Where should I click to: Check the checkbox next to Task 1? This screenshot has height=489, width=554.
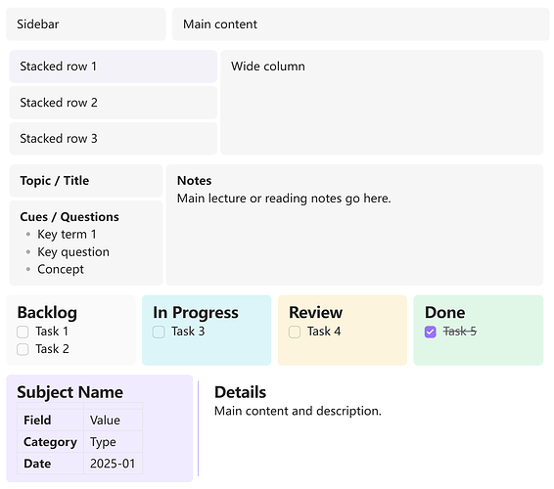click(x=23, y=332)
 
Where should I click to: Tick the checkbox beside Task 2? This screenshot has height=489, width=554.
click(x=23, y=349)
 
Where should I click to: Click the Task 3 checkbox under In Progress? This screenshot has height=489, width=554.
click(x=159, y=332)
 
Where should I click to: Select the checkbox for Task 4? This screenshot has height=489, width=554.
click(x=295, y=332)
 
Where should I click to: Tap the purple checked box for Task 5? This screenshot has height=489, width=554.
click(x=430, y=332)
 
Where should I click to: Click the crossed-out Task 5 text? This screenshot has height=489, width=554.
click(x=460, y=332)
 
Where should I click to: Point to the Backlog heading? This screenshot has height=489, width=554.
click(x=47, y=312)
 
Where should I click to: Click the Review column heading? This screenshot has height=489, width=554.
click(x=315, y=312)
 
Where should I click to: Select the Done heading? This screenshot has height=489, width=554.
click(x=444, y=312)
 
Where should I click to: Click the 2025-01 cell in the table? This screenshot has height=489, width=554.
click(x=113, y=464)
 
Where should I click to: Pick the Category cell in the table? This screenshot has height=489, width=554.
click(x=50, y=442)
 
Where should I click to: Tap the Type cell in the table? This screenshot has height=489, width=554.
click(x=113, y=442)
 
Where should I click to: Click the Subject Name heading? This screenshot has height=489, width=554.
click(x=69, y=392)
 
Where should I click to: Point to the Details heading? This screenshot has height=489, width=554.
click(x=240, y=392)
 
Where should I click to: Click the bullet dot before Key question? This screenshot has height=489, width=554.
click(x=28, y=251)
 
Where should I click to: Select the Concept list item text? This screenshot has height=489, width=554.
click(x=61, y=269)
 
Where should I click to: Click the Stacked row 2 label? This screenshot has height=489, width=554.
click(x=59, y=103)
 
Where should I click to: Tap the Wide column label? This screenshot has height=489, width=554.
click(x=268, y=67)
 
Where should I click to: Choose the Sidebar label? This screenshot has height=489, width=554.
click(x=38, y=24)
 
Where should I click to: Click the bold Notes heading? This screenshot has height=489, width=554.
click(x=195, y=180)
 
